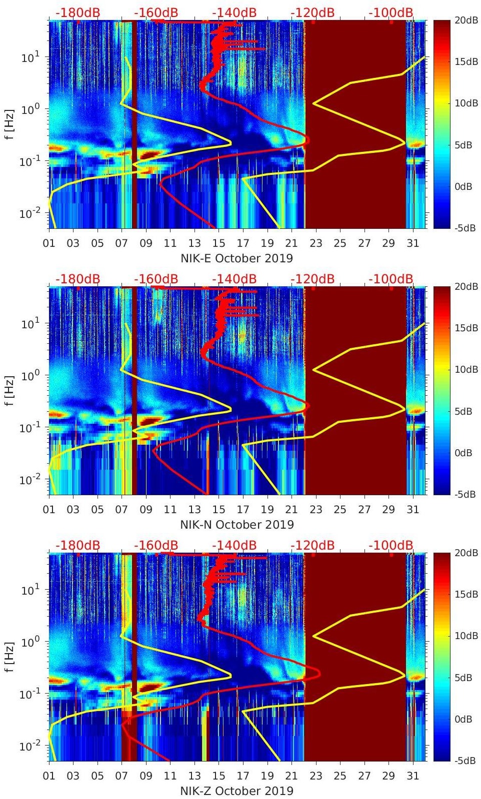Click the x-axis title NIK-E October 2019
(236, 258)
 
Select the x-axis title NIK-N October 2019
(237, 525)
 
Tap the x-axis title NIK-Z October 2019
(236, 791)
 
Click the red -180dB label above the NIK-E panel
(77, 12)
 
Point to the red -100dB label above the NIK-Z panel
(390, 545)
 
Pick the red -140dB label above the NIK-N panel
(234, 279)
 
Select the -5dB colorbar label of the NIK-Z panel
(464, 761)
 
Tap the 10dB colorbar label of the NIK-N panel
(465, 370)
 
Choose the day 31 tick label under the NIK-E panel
(412, 243)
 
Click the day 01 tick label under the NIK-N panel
(49, 510)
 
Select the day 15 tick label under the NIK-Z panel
(218, 776)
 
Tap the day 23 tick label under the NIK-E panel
(315, 243)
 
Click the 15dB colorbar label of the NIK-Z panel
(465, 595)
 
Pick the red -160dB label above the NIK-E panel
(156, 12)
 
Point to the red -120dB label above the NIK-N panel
(312, 279)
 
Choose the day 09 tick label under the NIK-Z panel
(146, 776)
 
